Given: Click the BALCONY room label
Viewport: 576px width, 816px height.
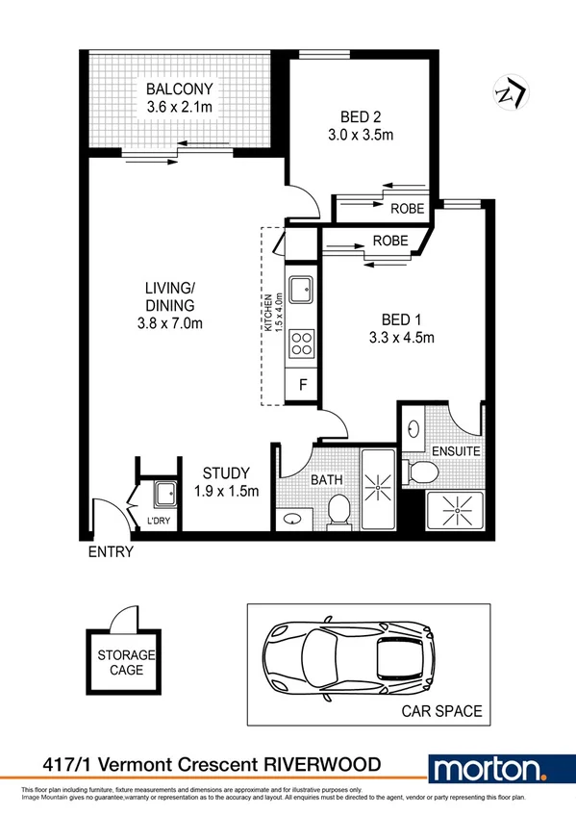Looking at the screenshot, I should [x=180, y=90].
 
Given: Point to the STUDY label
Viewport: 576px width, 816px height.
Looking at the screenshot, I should [x=226, y=472].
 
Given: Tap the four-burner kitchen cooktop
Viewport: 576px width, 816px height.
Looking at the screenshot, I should [x=301, y=343].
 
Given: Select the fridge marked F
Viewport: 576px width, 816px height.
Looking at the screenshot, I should [x=302, y=385].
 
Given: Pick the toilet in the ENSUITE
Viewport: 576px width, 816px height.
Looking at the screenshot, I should [x=421, y=472].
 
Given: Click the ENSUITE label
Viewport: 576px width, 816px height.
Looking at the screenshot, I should [x=456, y=450].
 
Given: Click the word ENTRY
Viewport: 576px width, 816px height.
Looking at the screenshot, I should [x=110, y=552].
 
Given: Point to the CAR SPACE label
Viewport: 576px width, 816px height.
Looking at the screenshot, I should [x=441, y=712].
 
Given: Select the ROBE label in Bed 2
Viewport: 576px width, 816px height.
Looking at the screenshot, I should [x=407, y=208].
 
